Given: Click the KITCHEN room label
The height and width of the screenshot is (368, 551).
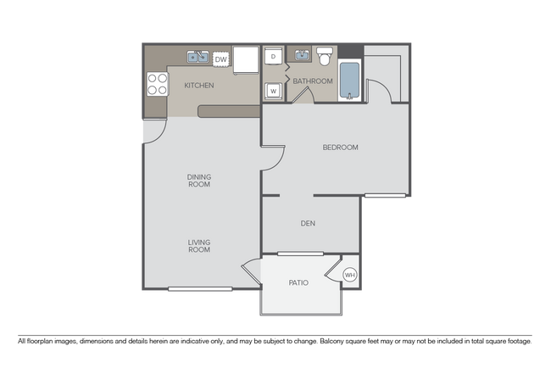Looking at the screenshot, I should [199, 86].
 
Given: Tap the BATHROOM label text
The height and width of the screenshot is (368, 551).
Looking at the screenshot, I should [314, 81].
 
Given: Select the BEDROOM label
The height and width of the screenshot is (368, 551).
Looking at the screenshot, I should [340, 148].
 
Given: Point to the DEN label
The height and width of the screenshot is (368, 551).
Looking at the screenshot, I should [309, 224].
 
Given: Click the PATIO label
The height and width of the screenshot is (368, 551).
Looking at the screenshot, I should [298, 282].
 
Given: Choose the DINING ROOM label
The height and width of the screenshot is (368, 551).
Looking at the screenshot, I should [199, 181].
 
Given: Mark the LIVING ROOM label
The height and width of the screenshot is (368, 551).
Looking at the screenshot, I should [199, 247].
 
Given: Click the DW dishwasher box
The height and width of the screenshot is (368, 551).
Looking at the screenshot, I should [220, 59].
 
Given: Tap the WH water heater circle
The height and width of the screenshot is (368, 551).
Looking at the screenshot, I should [350, 274].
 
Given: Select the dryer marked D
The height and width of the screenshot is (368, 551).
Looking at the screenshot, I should [273, 57].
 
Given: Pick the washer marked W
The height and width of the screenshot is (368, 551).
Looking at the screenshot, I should [273, 90].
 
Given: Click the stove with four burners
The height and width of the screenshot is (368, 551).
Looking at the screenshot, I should [158, 83].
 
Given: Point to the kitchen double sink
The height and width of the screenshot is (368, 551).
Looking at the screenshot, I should [197, 58].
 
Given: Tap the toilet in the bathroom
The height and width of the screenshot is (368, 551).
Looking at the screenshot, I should [324, 56].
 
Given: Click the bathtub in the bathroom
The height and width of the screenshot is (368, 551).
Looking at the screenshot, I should [350, 81].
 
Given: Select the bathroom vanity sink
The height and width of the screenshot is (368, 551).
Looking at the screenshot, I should [301, 56].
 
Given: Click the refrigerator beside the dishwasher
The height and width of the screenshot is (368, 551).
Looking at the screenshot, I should [246, 59].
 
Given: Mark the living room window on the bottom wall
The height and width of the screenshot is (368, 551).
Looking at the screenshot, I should [199, 290].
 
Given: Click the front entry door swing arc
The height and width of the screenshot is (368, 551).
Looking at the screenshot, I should [151, 130].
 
